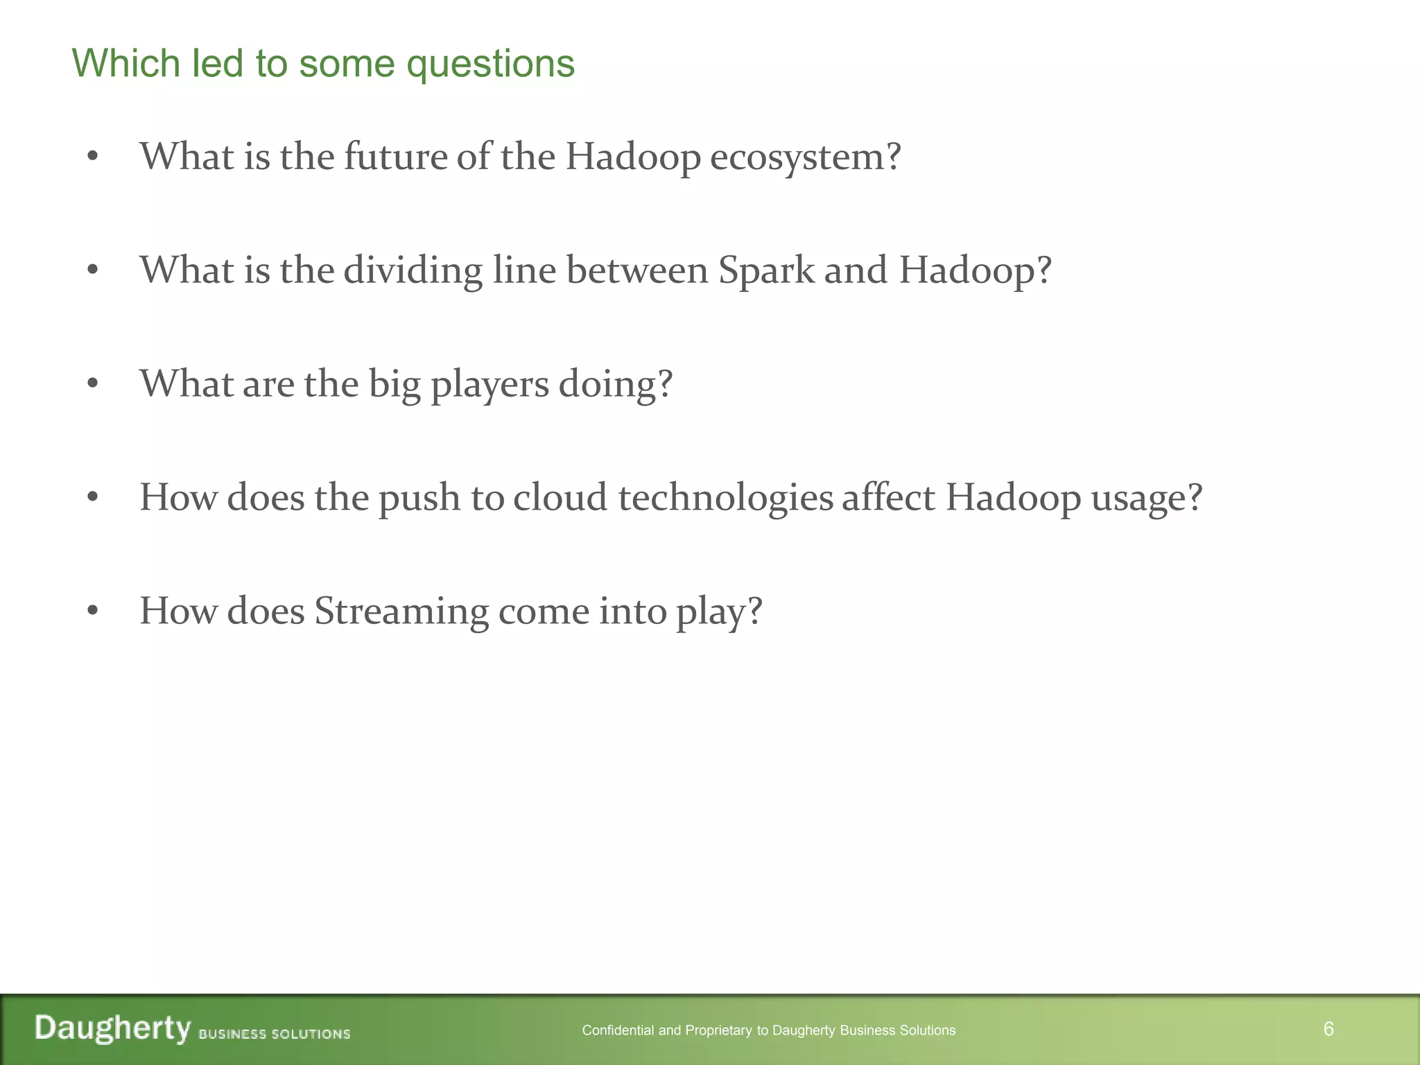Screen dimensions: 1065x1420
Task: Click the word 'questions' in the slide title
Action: point(490,64)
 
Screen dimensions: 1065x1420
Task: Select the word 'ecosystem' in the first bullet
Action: point(797,157)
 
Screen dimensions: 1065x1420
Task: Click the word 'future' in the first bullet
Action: point(396,156)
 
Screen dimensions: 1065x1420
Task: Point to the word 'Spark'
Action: point(766,270)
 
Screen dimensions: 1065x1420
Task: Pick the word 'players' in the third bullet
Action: point(490,385)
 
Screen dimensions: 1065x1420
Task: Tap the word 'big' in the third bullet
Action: point(394,385)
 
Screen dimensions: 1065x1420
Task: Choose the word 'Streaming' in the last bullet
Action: point(401,612)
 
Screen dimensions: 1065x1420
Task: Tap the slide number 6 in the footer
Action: point(1328,1029)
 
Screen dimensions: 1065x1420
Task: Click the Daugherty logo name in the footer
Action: point(112,1028)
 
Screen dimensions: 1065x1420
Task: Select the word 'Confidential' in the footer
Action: point(618,1030)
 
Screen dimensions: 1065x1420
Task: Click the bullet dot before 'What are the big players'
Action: point(93,383)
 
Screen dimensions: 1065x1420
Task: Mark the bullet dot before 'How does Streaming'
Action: point(93,611)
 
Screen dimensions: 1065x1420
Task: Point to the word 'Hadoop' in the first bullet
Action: point(632,157)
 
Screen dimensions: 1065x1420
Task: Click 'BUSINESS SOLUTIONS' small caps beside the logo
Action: point(275,1034)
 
